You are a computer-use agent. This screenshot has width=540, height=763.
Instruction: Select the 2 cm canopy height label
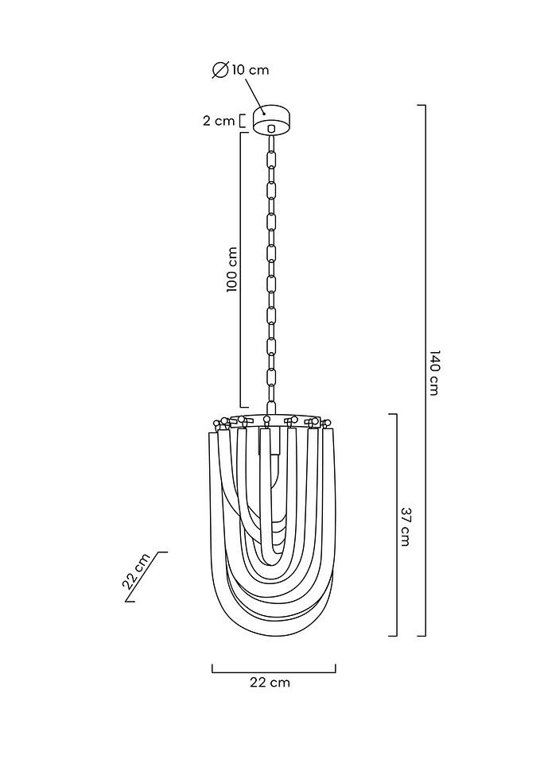(219, 121)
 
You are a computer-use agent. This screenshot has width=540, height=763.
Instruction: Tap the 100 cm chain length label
(232, 269)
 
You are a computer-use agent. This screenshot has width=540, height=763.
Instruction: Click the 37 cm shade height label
(405, 526)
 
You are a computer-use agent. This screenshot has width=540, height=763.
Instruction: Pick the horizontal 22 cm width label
(270, 682)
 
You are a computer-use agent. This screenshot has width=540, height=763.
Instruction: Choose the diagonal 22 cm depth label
(137, 571)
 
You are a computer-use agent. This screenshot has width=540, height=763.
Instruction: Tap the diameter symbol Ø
(220, 70)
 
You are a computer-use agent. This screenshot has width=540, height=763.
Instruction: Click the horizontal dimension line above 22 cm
(274, 672)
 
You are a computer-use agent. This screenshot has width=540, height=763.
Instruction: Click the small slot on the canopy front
(272, 127)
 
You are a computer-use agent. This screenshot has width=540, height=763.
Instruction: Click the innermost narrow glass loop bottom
(273, 548)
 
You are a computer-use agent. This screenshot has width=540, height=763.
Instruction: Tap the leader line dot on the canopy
(263, 113)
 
